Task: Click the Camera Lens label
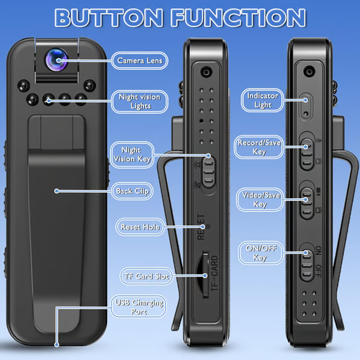(x=140, y=60)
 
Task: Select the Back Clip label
(x=132, y=191)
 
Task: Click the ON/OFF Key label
(x=259, y=253)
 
